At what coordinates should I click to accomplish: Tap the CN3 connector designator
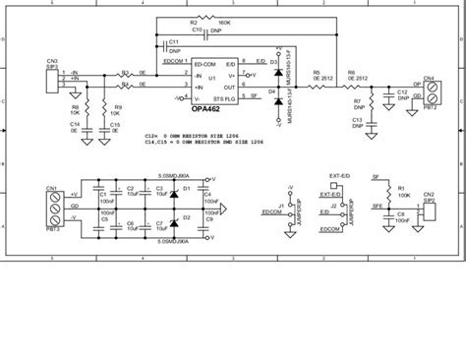pos(50,61)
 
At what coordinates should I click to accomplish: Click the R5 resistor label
pos(316,72)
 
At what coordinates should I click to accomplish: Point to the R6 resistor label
pos(351,72)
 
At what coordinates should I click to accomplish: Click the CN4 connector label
pos(429,76)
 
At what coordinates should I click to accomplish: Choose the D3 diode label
pos(260,62)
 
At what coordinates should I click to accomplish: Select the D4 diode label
pos(260,90)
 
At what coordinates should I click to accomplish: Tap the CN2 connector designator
pos(429,194)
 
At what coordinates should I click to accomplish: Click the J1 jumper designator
pos(281,205)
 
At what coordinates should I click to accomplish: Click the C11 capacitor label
pos(173,42)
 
